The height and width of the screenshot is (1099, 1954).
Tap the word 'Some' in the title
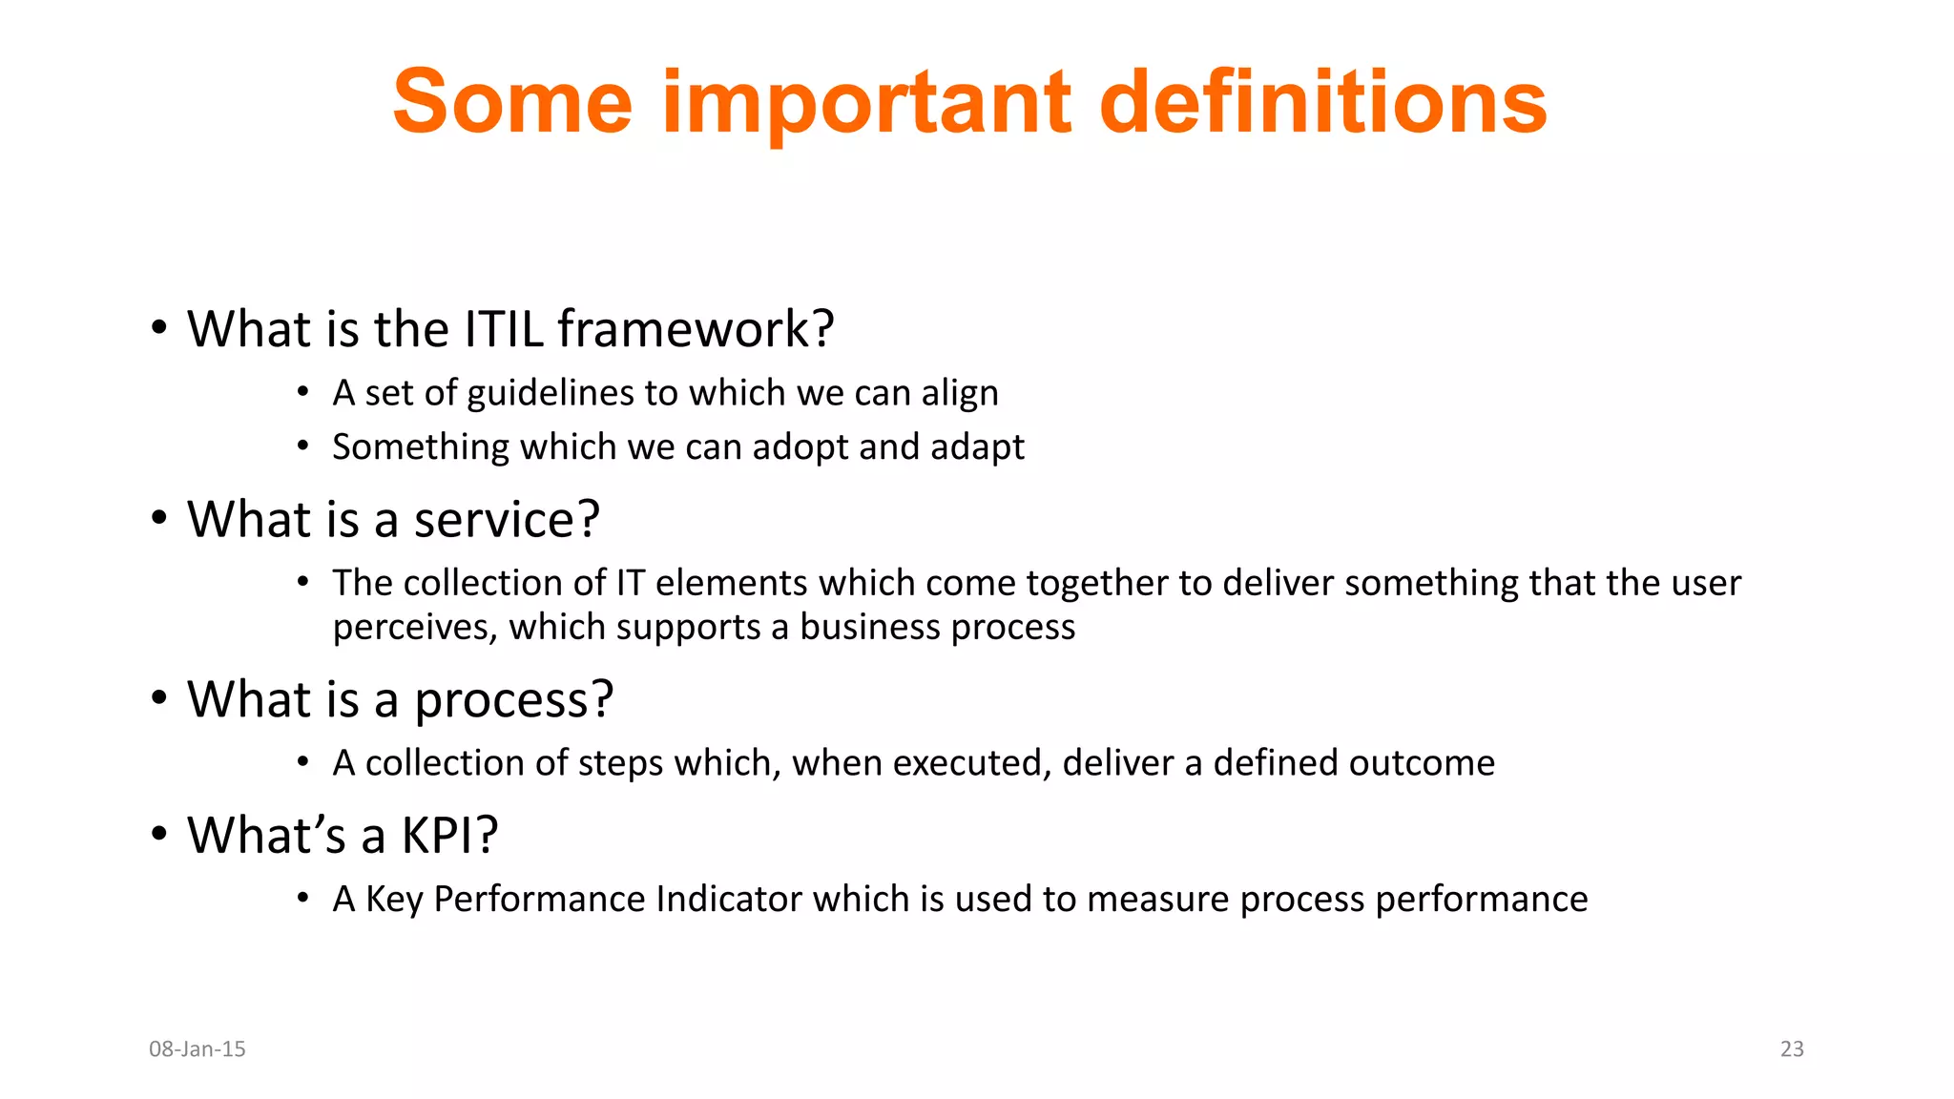(x=512, y=102)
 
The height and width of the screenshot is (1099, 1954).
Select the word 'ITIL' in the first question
(x=504, y=329)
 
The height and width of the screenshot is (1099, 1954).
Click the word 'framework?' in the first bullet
(x=696, y=329)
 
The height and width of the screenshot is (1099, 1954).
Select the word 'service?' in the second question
(x=507, y=520)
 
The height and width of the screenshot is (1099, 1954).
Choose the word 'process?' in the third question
(x=513, y=700)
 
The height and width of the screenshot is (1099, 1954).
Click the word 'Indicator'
(x=729, y=900)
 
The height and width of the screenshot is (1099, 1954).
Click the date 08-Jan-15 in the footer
(x=197, y=1049)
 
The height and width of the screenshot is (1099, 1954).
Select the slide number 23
(x=1792, y=1049)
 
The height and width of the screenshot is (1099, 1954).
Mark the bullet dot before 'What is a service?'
(x=159, y=518)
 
